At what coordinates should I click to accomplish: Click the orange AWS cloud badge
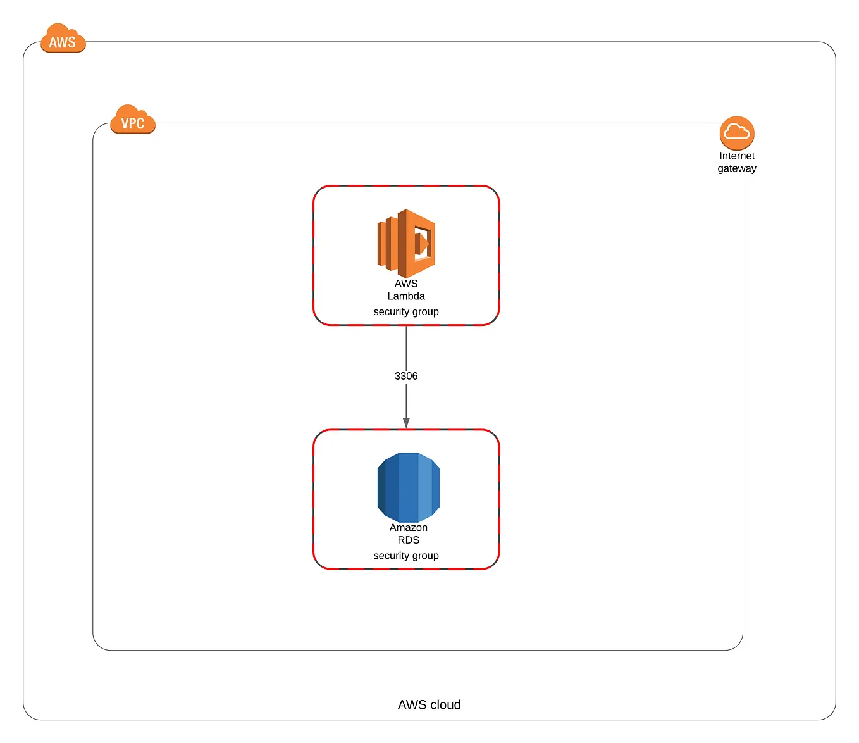coord(63,39)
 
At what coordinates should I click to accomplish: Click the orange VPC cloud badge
coord(132,120)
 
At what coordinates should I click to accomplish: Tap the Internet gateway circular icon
coord(737,133)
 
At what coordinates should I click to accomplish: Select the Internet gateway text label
coord(737,162)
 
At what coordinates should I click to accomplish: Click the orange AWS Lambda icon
coord(406,243)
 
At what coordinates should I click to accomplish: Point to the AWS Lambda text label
coord(406,290)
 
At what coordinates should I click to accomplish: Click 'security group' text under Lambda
coord(406,311)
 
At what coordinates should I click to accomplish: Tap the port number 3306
coord(406,376)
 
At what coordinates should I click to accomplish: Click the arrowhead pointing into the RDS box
coord(406,423)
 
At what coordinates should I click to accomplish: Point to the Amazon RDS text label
coord(408,534)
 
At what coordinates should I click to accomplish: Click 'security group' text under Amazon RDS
coord(406,556)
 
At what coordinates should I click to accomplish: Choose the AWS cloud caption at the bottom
coord(429,704)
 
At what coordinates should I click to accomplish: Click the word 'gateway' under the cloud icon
coord(737,169)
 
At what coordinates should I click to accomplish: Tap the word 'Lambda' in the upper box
coord(406,296)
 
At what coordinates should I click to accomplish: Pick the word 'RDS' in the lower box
coord(408,540)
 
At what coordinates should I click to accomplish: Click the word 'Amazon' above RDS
coord(408,527)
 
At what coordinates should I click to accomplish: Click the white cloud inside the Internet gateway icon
coord(737,132)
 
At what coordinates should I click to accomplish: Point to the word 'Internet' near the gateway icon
coord(737,156)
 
